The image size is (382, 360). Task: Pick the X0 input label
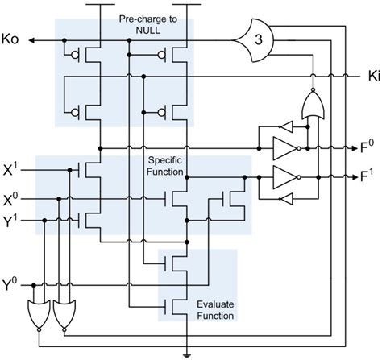(x=11, y=196)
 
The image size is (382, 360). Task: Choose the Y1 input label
(x=11, y=221)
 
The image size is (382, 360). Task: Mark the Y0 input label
(x=11, y=284)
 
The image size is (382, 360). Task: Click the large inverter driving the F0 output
(x=287, y=148)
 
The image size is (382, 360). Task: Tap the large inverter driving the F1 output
(x=287, y=175)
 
